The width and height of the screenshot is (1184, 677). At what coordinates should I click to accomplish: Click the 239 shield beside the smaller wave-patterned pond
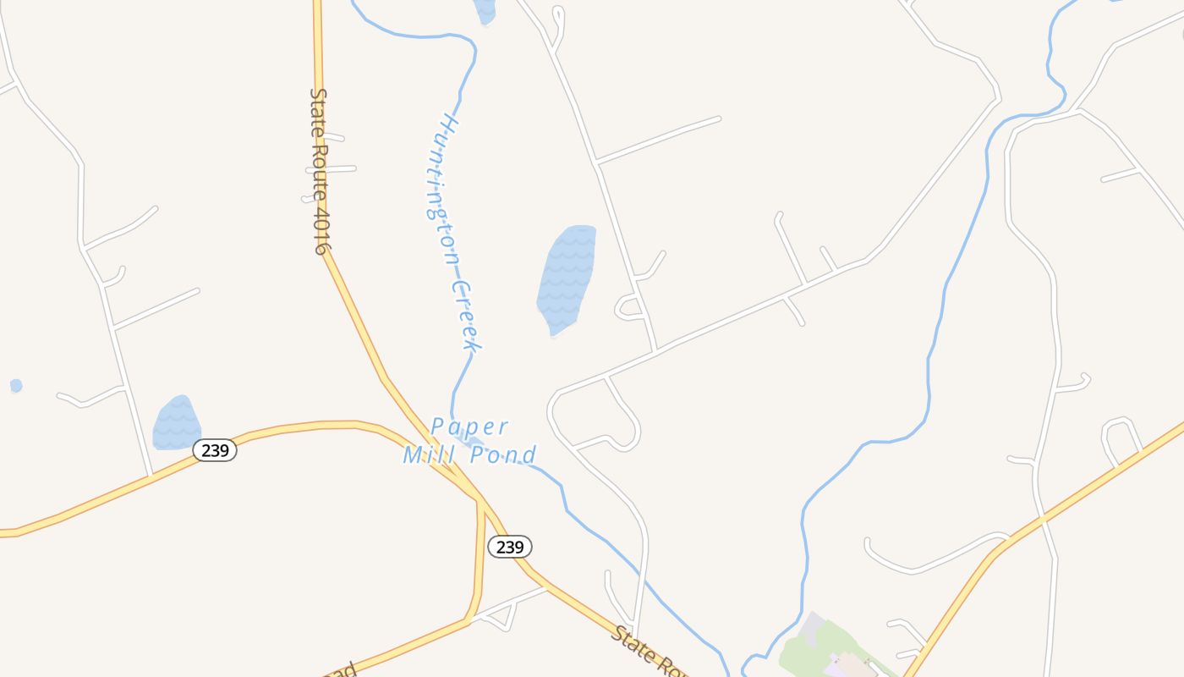[215, 450]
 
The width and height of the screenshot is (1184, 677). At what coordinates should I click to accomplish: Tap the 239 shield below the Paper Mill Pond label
[510, 547]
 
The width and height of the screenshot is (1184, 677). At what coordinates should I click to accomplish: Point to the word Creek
[465, 316]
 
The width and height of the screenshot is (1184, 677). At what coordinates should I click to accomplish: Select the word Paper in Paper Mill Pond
[469, 426]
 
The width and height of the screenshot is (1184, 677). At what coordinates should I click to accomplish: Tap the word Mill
[430, 455]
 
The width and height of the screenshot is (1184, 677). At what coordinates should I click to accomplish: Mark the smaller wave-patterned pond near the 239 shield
[176, 423]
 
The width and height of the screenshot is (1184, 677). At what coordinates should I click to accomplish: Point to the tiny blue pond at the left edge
[16, 386]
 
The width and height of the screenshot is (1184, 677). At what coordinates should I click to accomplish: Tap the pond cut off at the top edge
[485, 10]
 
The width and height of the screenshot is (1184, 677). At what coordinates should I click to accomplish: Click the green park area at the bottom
[812, 652]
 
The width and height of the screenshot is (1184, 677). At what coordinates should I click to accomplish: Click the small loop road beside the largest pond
[630, 308]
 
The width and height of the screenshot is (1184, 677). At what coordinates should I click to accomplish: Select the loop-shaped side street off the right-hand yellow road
[1121, 437]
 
